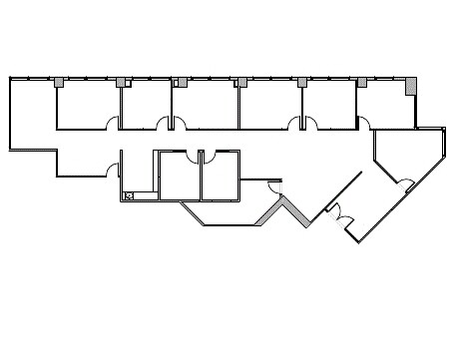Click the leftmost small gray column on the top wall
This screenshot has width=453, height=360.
tap(60, 82)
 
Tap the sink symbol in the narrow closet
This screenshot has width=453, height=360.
tap(130, 194)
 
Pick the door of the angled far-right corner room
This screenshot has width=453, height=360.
tap(405, 182)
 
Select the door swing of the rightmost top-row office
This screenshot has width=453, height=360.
tap(365, 123)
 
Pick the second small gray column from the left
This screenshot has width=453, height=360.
tap(121, 82)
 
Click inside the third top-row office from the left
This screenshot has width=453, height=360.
tap(206, 105)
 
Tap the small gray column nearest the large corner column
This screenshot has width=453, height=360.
tap(361, 82)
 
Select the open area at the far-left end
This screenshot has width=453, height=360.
tap(32, 115)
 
